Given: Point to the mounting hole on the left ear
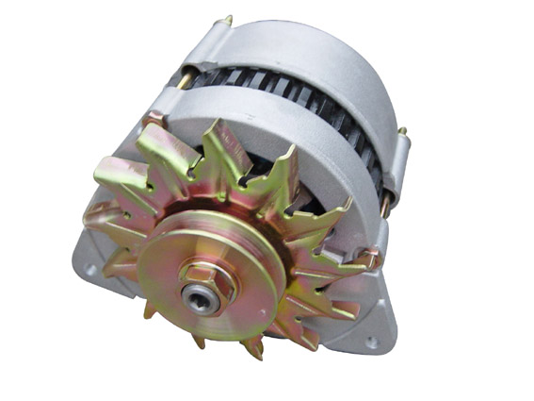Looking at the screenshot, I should point(91,269).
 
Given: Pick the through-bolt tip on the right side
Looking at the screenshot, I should point(402,131).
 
